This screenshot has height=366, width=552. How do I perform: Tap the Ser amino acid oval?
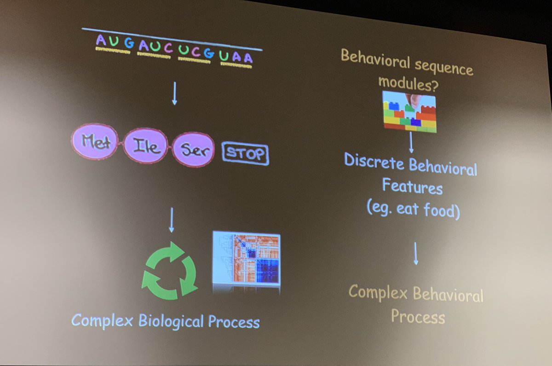(194, 151)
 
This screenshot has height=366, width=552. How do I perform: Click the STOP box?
(245, 154)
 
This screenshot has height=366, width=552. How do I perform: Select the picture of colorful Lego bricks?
(410, 111)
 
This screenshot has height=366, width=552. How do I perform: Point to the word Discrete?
(374, 162)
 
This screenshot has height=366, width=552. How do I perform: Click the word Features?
(412, 187)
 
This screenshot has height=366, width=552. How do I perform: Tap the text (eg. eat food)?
(413, 209)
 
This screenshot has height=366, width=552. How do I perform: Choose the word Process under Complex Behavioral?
(418, 316)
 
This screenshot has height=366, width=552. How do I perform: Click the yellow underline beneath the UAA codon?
(236, 65)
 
